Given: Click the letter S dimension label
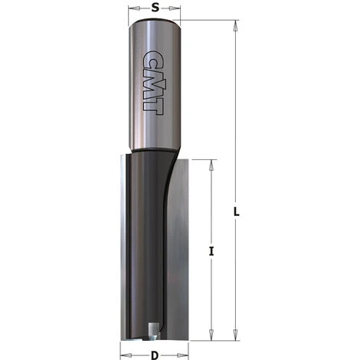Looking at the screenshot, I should click(156, 8).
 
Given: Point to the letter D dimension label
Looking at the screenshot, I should click(156, 355).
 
